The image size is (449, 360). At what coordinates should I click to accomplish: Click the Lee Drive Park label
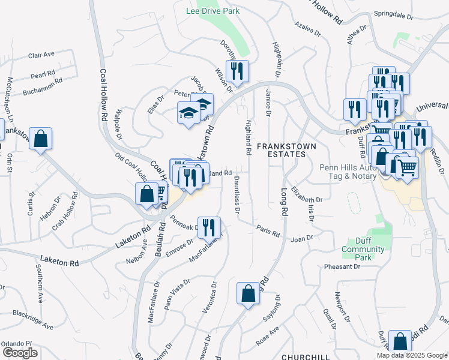click(x=212, y=11)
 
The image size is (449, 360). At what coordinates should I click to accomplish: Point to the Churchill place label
click(x=306, y=356)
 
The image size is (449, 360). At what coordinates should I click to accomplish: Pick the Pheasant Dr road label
click(x=340, y=266)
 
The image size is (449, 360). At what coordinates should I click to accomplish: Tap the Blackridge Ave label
click(x=28, y=314)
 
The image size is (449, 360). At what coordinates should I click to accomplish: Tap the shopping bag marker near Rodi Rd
click(x=400, y=342)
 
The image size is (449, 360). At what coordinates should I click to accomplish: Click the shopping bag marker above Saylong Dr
click(x=248, y=294)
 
